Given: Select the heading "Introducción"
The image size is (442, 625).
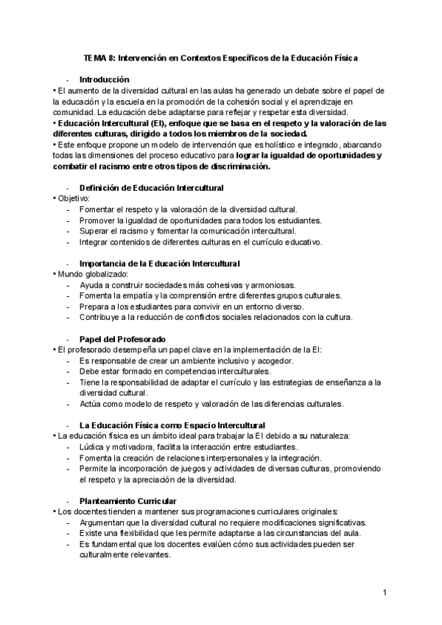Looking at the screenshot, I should click(x=105, y=79).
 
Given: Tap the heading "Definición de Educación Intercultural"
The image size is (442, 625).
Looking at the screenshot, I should click(x=151, y=188).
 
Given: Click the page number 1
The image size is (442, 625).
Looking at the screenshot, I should click(x=385, y=593).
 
